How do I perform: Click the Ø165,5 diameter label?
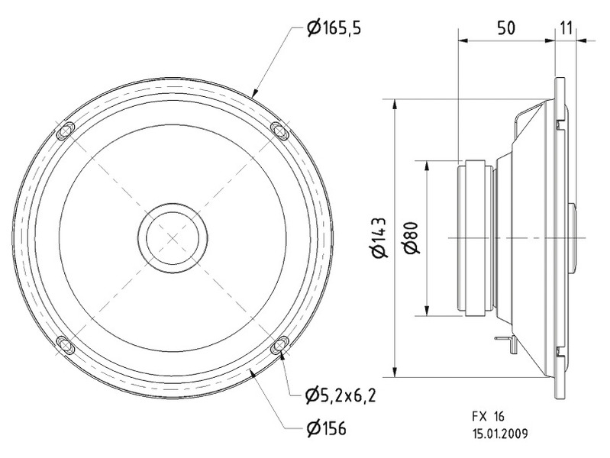(x=334, y=28)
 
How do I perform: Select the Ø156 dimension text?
(x=326, y=428)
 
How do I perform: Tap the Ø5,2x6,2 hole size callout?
(x=341, y=395)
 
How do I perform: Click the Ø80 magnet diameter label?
(x=412, y=237)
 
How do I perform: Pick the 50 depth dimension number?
(x=505, y=28)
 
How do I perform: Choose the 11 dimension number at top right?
(x=566, y=28)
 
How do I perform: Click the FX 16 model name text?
(x=489, y=417)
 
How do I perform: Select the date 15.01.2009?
(x=500, y=434)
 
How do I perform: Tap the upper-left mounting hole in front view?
(x=66, y=131)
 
